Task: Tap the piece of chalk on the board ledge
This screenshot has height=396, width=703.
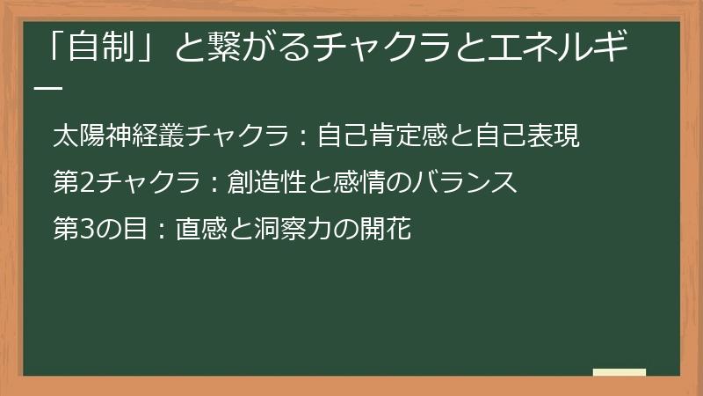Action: coord(619,372)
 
